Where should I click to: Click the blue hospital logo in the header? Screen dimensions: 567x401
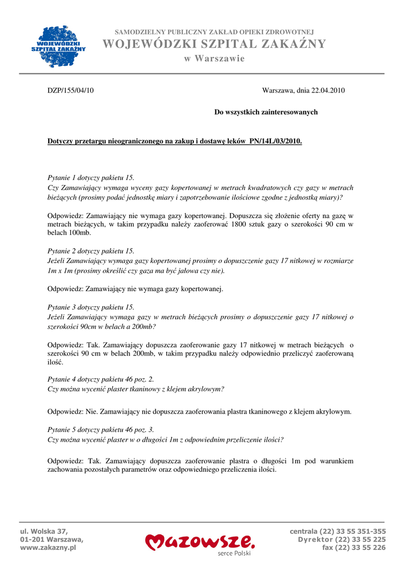click(x=58, y=46)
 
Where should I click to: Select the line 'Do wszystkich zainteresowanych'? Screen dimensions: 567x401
click(x=266, y=112)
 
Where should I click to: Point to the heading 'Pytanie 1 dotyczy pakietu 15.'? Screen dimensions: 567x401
click(x=91, y=178)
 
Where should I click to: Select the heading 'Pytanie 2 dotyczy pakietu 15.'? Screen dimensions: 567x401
click(x=91, y=251)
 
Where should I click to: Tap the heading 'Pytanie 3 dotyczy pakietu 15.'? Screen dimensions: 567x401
click(x=91, y=307)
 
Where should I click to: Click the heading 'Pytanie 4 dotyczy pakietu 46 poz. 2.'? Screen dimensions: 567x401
click(x=101, y=379)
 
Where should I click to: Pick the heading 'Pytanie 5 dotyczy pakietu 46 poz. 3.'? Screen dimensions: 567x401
click(x=101, y=429)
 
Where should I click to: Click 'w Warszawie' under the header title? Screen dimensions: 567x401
click(x=214, y=59)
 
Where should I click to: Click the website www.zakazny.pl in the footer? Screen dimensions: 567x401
click(x=48, y=548)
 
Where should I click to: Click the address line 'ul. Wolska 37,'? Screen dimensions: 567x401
click(x=44, y=531)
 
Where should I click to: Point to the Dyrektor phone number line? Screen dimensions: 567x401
click(x=342, y=539)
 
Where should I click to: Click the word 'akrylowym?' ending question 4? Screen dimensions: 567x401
click(x=205, y=389)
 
